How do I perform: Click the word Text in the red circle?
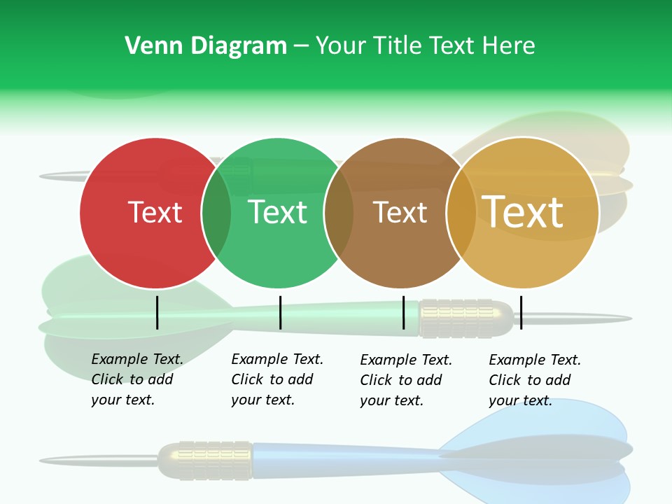[155, 212]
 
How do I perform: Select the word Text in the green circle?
[278, 212]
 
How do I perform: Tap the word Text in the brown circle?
[400, 212]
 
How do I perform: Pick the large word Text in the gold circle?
[523, 212]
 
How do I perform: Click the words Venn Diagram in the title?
[206, 45]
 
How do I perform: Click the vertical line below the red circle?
[157, 312]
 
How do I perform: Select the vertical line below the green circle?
[280, 312]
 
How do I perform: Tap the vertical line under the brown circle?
[404, 312]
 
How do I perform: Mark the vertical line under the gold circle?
[521, 312]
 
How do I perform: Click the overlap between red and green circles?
[216, 212]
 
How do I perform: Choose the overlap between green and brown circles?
[339, 212]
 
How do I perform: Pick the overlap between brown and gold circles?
[461, 212]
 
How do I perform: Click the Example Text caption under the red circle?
[136, 379]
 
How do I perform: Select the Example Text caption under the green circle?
[276, 379]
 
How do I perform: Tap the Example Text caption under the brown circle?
[405, 380]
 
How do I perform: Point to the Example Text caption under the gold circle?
[534, 380]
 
